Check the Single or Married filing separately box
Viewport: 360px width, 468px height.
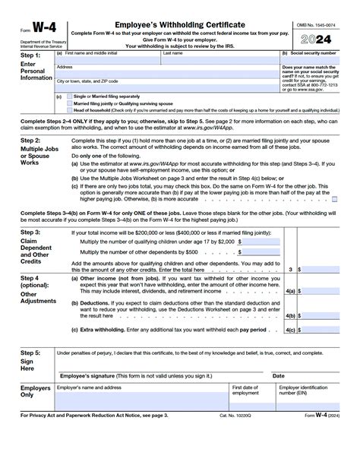click(x=69, y=96)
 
